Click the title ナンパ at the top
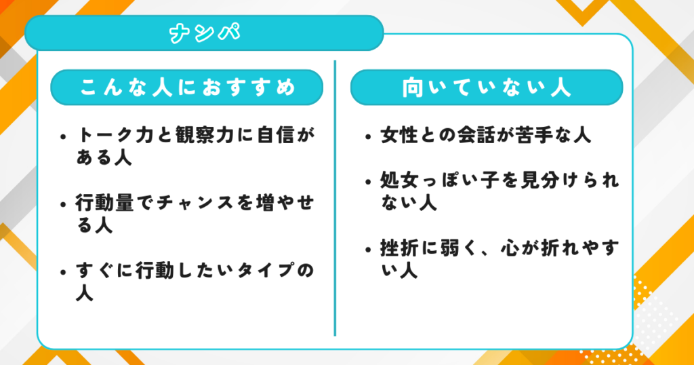coord(204,33)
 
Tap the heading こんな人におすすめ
coord(187,88)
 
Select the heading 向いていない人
coord(486,88)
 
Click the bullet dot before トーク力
coord(64,136)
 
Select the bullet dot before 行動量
coord(64,203)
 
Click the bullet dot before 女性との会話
coord(367,136)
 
